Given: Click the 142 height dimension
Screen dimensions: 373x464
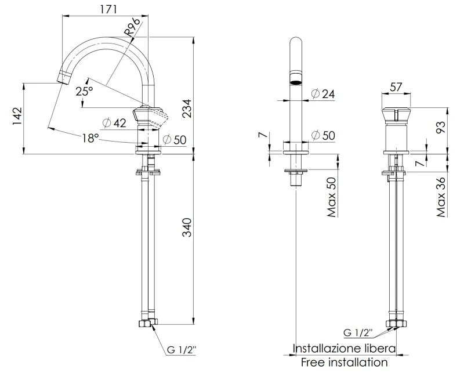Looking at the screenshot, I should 17,116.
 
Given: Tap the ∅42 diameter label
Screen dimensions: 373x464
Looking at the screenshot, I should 114,123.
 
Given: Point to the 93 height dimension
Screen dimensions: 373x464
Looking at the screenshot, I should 440,128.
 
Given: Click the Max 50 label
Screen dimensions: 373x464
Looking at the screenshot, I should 332,198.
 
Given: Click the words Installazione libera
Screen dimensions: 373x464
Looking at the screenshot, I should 344,349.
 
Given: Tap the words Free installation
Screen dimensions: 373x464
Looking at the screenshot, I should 344,363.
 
